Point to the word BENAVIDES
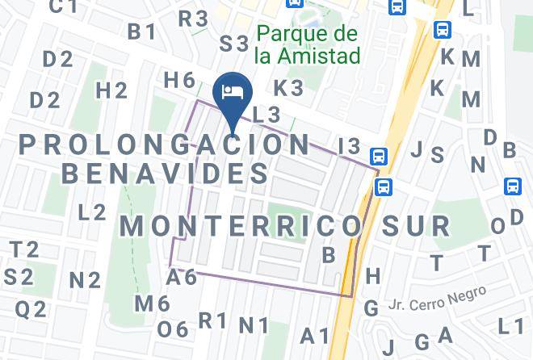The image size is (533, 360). tap(165, 173)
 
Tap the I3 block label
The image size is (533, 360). tap(349, 146)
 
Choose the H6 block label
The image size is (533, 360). tap(179, 80)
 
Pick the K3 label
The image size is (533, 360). tap(287, 87)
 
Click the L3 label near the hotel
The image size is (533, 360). tap(266, 115)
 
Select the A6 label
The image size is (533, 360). tap(182, 277)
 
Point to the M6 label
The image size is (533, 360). tap(152, 303)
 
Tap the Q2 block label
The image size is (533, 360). tap(31, 308)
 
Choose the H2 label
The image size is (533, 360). tap(111, 90)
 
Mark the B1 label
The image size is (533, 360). tap(141, 31)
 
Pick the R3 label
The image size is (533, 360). tap(194, 19)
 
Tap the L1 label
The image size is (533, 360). tap(510, 326)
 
